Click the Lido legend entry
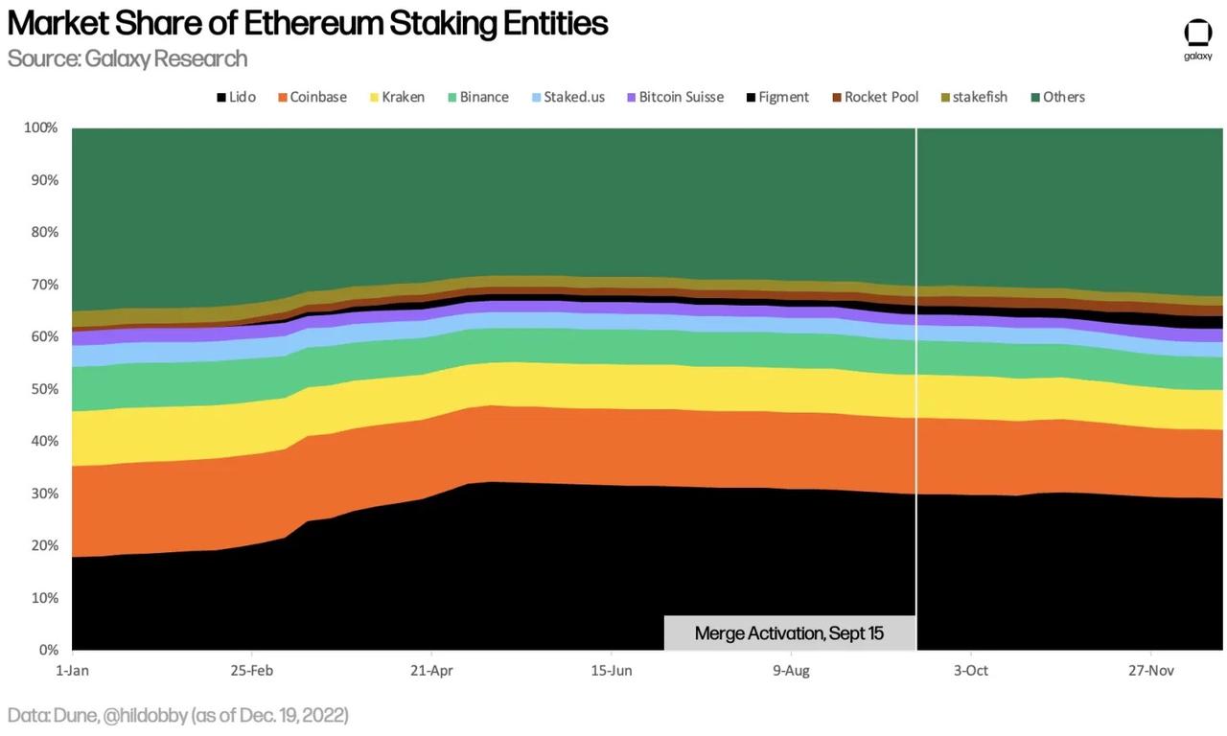coord(236,97)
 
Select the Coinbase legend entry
coord(312,97)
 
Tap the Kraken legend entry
coord(396,97)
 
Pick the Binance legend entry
coord(477,97)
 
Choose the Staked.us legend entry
coord(567,97)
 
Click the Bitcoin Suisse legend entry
coord(675,97)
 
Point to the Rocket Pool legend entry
coord(874,97)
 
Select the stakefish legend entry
coord(973,97)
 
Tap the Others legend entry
coord(1057,97)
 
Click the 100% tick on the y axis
coord(40,127)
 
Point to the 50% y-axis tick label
coord(43,389)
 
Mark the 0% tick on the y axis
coord(47,650)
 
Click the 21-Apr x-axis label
coord(432,671)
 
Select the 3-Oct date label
coord(970,671)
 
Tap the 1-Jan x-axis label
coord(72,671)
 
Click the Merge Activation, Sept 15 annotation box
coord(789,633)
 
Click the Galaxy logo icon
coord(1198,33)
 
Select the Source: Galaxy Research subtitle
coord(127,58)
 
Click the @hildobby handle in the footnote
coord(142,715)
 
